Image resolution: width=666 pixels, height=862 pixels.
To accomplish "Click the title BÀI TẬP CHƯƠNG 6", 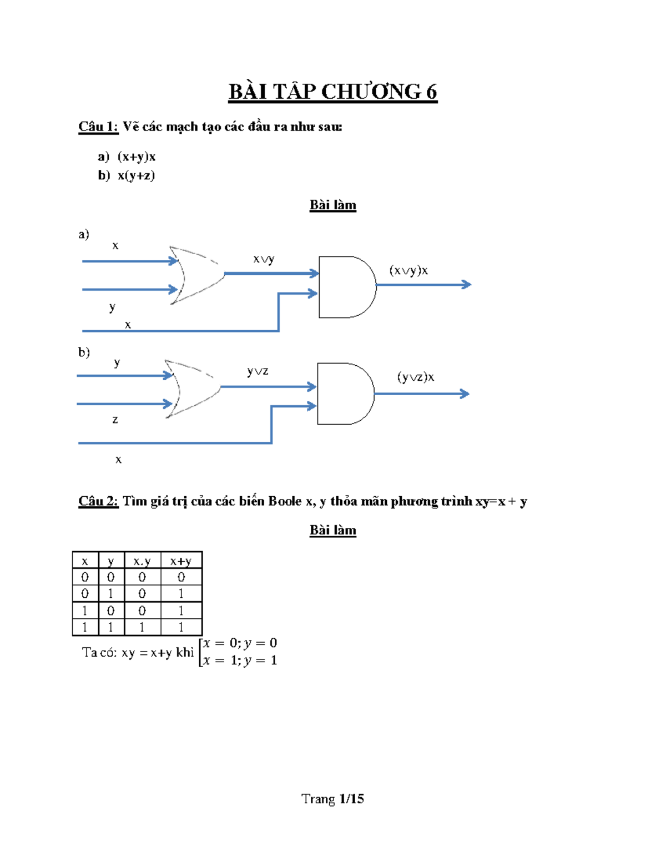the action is [332, 92].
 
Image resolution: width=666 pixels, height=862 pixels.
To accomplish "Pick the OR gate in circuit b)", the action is [191, 388].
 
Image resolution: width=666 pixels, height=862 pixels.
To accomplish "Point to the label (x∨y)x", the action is [408, 270].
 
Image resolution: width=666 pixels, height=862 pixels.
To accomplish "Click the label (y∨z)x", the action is [415, 377].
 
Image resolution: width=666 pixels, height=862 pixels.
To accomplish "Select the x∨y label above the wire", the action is [264, 259].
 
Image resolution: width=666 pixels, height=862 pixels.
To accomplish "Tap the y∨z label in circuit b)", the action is [258, 371].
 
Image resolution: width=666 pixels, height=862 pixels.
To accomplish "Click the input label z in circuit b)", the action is [115, 420].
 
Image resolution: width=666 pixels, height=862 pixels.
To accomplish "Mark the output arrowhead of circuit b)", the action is [465, 394].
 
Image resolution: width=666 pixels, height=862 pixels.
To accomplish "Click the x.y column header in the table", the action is [142, 561].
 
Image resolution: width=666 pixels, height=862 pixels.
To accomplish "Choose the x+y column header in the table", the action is [181, 561].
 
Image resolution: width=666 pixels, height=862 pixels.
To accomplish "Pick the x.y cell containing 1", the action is [142, 627].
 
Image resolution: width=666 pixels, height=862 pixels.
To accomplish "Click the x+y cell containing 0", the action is [181, 577].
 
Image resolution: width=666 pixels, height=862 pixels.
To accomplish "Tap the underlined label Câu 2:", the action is [98, 501].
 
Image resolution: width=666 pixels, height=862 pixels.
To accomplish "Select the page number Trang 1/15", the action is [332, 799].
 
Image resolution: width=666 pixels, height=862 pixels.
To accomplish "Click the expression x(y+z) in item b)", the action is [136, 175].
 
